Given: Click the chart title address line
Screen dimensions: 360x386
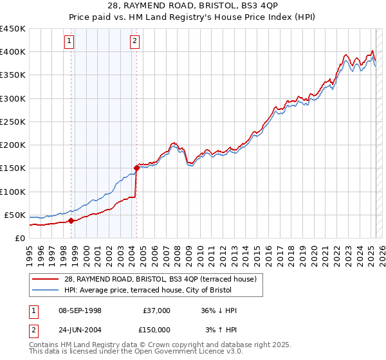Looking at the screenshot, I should tap(193, 7).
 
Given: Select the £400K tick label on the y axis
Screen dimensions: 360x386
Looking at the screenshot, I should tap(12, 52).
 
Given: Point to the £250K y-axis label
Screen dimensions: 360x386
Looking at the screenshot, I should tap(12, 122).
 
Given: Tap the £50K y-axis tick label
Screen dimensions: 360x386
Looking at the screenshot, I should tap(15, 215).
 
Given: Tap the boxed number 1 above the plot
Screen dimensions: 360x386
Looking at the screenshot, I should tap(69, 42).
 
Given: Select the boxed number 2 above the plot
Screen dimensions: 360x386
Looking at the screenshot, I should tap(134, 42).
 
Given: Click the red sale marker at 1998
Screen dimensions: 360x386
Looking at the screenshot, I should tap(71, 221).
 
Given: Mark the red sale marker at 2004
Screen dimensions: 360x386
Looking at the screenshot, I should tap(136, 168).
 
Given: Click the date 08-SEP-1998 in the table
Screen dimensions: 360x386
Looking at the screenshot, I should tap(80, 310).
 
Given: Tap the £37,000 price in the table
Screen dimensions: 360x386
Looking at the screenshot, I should tap(155, 310).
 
